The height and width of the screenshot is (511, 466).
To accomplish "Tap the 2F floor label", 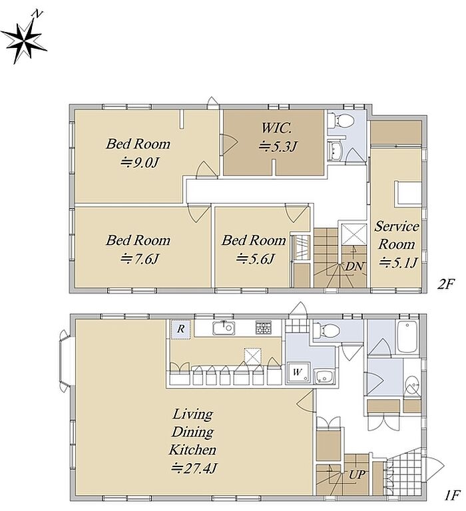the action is pos(445,285).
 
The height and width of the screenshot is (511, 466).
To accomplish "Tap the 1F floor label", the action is pos(451,496).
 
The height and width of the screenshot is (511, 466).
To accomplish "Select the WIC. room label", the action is pos(276,128).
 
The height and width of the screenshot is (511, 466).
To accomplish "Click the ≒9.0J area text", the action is pos(139,162).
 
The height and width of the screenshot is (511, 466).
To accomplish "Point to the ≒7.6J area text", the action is pos(140,259).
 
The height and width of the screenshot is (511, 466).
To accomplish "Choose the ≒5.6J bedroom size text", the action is pos(256,259).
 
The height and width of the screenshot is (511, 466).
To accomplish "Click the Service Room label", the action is pos(397,235).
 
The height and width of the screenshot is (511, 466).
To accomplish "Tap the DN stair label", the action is pos(354,267).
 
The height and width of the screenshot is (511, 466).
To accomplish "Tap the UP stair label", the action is pos(357,474).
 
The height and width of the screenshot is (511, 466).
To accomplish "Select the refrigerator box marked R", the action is pos(180,329).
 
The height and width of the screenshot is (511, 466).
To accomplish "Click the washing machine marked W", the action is pos(298,373).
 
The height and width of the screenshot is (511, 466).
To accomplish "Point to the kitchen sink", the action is pos(224,328).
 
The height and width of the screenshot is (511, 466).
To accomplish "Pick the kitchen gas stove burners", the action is pos(263,327).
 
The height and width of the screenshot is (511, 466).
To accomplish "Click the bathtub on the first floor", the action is pos(407,337).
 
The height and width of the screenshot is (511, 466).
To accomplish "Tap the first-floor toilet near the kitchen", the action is pos(326,330).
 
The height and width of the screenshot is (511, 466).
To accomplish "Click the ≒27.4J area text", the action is pos(194,468).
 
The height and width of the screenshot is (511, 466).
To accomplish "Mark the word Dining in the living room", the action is pos(193,432).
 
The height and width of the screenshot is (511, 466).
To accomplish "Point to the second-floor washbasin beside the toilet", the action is pos(334,150).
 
